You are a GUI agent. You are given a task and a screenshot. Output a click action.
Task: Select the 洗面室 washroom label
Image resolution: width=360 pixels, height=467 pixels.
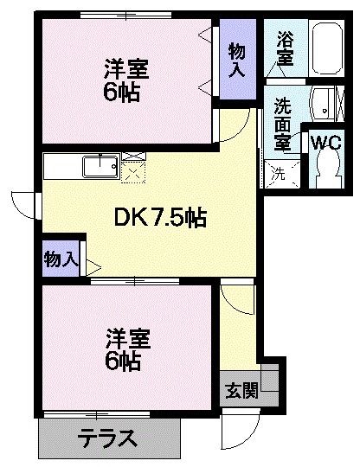pyautogui.click(x=282, y=123)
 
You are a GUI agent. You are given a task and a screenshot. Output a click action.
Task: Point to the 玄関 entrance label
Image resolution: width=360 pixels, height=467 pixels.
pyautogui.click(x=242, y=390)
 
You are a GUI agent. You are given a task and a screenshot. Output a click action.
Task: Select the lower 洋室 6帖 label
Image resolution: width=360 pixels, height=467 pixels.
pyautogui.click(x=125, y=348)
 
